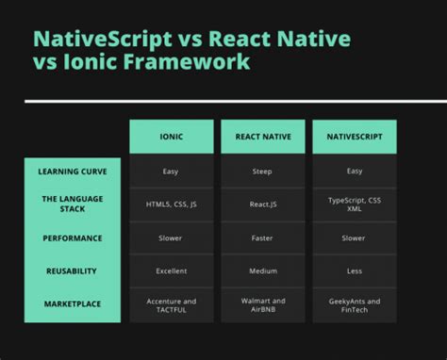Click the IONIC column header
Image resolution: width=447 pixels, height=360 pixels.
(171, 137)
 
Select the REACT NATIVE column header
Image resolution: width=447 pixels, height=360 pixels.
(262, 137)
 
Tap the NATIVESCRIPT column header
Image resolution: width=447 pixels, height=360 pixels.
(355, 137)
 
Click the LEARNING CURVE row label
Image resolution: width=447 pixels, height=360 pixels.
(73, 172)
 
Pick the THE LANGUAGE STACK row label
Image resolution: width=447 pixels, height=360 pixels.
(73, 205)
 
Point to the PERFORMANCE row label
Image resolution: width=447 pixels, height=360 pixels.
(73, 238)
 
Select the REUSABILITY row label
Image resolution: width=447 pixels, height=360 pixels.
(73, 271)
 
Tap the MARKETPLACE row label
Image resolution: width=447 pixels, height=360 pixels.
(73, 303)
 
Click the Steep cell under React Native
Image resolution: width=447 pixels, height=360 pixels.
(262, 172)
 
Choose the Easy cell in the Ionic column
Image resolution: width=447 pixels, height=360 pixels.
(171, 172)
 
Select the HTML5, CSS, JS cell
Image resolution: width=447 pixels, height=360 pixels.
(171, 205)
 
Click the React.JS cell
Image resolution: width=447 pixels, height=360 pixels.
(262, 205)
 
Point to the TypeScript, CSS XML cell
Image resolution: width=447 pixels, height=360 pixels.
(355, 205)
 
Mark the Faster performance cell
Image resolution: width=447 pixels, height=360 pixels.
(262, 238)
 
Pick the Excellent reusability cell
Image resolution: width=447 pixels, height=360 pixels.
(171, 271)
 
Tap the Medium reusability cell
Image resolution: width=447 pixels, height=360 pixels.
(262, 271)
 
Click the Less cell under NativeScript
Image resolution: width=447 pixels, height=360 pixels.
(355, 271)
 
